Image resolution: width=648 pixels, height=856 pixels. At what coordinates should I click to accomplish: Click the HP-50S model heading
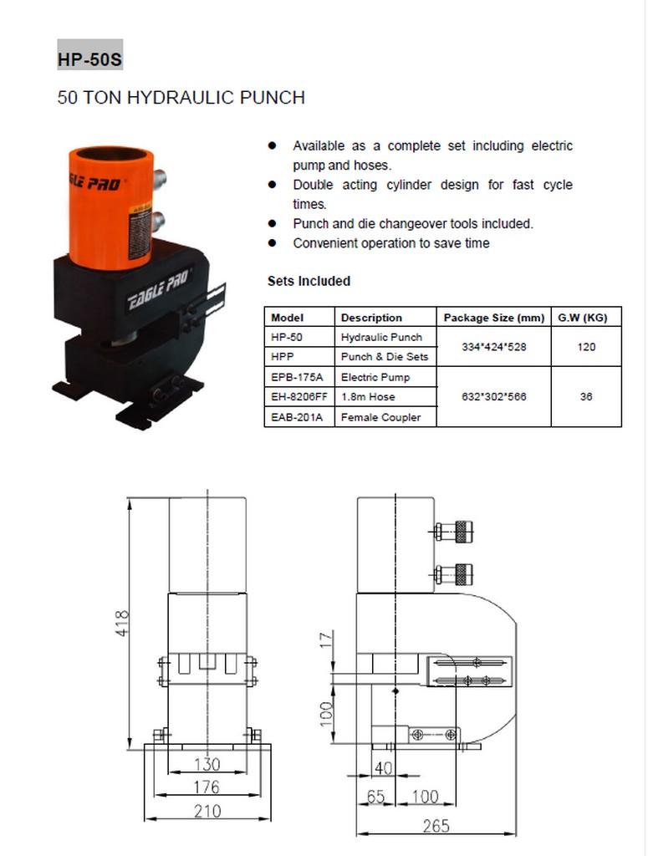90,59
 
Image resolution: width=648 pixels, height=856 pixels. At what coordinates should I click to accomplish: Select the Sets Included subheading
309,281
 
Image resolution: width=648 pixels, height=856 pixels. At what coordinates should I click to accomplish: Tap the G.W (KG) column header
583,318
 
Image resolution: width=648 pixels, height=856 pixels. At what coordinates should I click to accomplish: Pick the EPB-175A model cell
297,377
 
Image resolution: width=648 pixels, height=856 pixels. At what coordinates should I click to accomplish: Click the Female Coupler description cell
381,418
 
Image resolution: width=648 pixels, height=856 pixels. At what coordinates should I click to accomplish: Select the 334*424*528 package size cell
494,347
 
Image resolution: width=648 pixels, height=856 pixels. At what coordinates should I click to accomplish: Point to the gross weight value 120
586,347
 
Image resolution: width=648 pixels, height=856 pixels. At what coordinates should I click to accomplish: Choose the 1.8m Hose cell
368,397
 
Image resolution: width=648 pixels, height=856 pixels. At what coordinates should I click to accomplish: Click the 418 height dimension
122,623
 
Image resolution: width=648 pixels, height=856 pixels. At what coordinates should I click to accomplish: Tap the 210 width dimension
207,811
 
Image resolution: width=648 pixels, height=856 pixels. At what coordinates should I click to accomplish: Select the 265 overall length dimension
436,826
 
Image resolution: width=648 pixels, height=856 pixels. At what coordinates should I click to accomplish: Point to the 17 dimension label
326,639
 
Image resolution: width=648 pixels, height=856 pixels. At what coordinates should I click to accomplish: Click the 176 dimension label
207,787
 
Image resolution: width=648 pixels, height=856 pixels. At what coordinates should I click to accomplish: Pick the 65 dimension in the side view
375,797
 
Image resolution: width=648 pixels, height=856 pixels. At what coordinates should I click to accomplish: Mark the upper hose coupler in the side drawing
454,531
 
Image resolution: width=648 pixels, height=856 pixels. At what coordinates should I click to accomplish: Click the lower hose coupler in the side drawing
454,573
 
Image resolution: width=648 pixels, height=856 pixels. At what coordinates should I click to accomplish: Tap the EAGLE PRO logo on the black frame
160,289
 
